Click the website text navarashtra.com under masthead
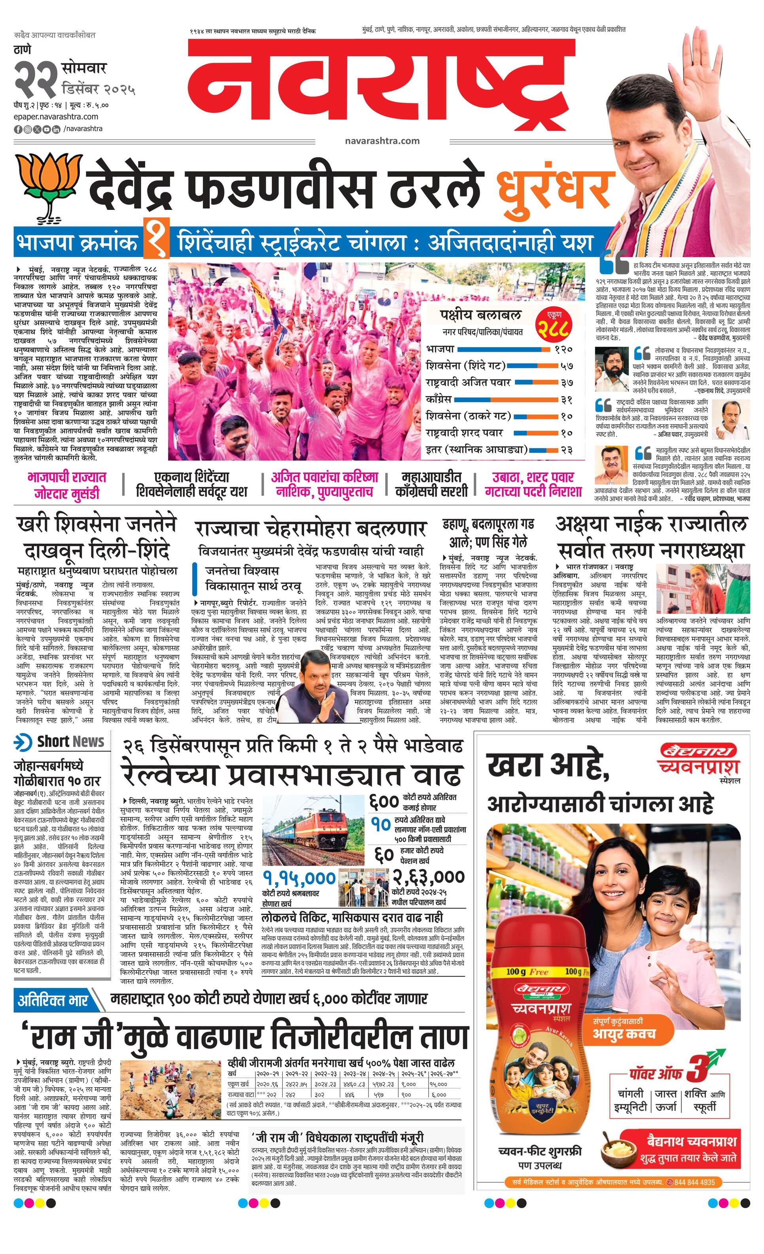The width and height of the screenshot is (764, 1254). [382, 141]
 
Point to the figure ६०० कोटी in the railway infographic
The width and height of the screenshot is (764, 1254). [384, 802]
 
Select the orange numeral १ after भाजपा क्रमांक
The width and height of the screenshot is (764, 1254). [156, 243]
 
